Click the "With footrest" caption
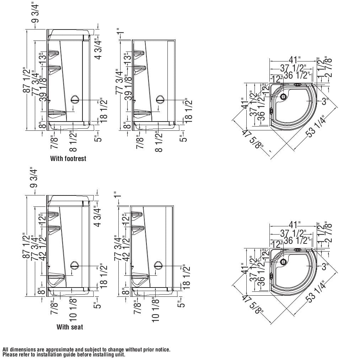68,158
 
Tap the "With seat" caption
70,327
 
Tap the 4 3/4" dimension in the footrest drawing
98,48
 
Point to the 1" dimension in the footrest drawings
122,33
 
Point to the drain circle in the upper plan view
283,97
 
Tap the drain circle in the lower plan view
283,262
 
